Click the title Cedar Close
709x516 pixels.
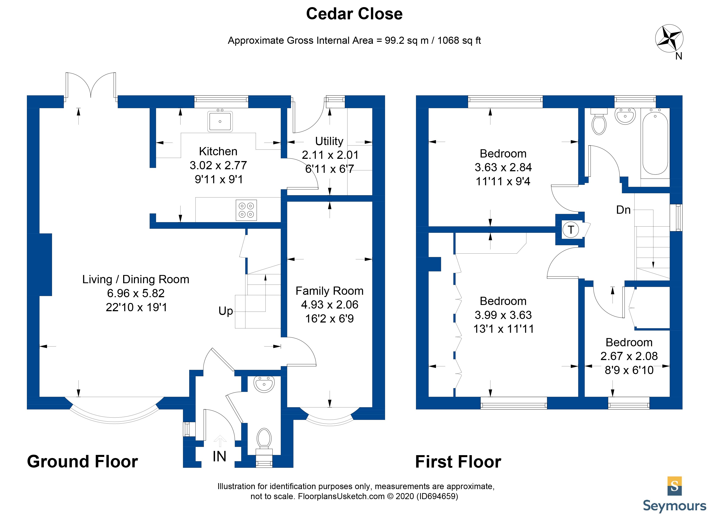pyautogui.click(x=354, y=14)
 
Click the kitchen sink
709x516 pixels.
pyautogui.click(x=220, y=121)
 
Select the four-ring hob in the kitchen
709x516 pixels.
pyautogui.click(x=246, y=210)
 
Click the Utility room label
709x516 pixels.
pyautogui.click(x=329, y=141)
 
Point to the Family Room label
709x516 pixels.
pyautogui.click(x=329, y=291)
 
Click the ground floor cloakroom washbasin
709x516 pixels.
pyautogui.click(x=264, y=384)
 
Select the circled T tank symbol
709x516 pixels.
pyautogui.click(x=571, y=230)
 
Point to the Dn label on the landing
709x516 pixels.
pyautogui.click(x=623, y=210)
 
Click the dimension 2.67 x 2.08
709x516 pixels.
pyautogui.click(x=629, y=356)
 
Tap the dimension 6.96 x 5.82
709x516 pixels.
pyautogui.click(x=136, y=293)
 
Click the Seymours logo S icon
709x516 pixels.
pyautogui.click(x=675, y=486)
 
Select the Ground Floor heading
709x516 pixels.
pyautogui.click(x=82, y=462)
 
